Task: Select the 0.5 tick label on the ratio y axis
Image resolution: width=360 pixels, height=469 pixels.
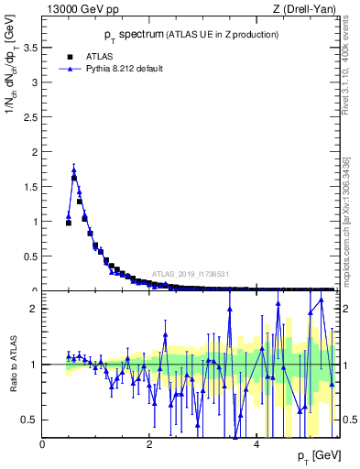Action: (x=31, y=420)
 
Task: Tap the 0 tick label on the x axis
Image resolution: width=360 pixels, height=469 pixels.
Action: (x=43, y=444)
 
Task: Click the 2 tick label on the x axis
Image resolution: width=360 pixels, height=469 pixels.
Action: (x=149, y=444)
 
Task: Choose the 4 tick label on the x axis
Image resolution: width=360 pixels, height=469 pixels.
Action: (x=256, y=444)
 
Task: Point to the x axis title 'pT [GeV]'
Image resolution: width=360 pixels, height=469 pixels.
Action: (x=319, y=455)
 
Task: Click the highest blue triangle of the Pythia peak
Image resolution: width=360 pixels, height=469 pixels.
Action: (x=73, y=169)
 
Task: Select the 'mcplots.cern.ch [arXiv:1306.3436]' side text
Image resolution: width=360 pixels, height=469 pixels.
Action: (x=351, y=220)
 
